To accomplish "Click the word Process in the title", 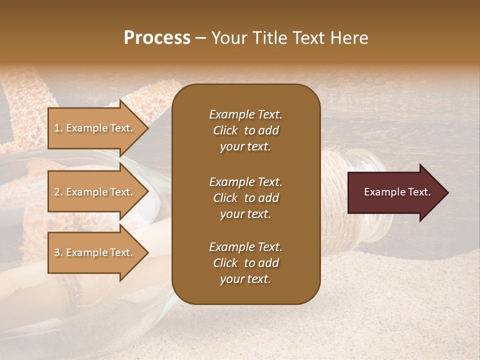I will pyautogui.click(x=157, y=38).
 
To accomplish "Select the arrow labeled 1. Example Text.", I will pyautogui.click(x=95, y=128).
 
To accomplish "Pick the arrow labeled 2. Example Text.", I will pyautogui.click(x=95, y=192).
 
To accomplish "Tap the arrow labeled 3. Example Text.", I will pyautogui.click(x=95, y=252).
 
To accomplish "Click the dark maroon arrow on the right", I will pyautogui.click(x=395, y=192).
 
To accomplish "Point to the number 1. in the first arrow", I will pyautogui.click(x=58, y=128).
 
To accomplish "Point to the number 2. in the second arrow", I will pyautogui.click(x=58, y=192).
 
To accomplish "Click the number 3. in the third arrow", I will pyautogui.click(x=58, y=252).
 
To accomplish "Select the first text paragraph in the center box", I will pyautogui.click(x=245, y=130).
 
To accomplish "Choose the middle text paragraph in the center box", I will pyautogui.click(x=245, y=198).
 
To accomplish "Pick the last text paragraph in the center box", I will pyautogui.click(x=245, y=263).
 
